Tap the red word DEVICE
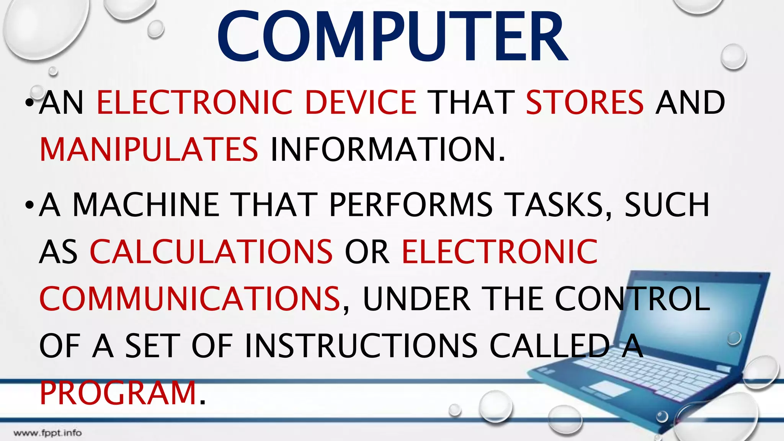pyautogui.click(x=361, y=102)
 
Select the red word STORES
pyautogui.click(x=585, y=102)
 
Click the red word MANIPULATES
pyautogui.click(x=149, y=149)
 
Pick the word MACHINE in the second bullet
pyautogui.click(x=145, y=205)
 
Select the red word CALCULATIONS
pyautogui.click(x=211, y=252)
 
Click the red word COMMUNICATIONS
pyautogui.click(x=189, y=299)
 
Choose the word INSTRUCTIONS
pyautogui.click(x=361, y=346)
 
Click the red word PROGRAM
pyautogui.click(x=118, y=393)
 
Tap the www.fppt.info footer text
pyautogui.click(x=47, y=433)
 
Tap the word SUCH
pyautogui.click(x=667, y=205)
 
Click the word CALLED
pyautogui.click(x=549, y=346)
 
